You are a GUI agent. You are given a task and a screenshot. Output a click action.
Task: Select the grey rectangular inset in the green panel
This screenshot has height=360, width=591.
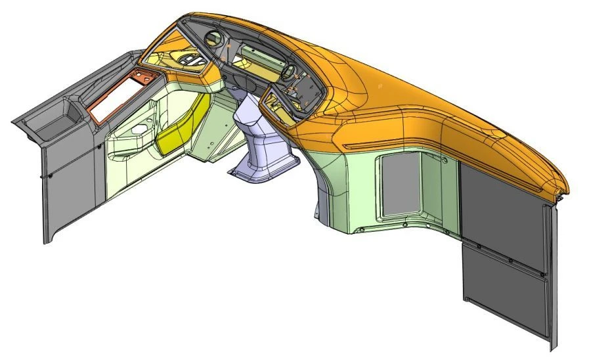[x=401, y=188]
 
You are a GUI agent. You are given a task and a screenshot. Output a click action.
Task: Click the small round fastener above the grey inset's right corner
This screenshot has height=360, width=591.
[x=445, y=158]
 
